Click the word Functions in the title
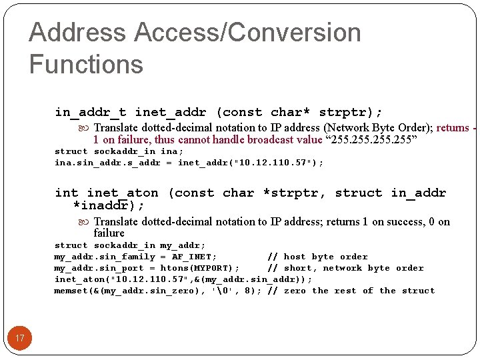tap(86, 65)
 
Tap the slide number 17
tap(20, 338)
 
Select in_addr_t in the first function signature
tap(91, 112)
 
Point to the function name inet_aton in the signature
tap(123, 193)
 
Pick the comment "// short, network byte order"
tap(345, 268)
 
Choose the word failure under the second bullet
tap(109, 233)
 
